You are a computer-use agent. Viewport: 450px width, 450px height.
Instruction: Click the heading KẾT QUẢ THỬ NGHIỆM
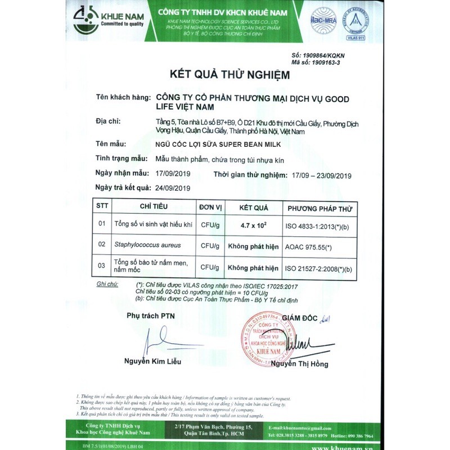click(230, 74)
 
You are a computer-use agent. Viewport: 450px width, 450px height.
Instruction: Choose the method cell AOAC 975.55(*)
click(308, 246)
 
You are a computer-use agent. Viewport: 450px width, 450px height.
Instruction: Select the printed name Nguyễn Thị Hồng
click(299, 364)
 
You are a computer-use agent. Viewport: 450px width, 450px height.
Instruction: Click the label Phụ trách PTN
click(151, 316)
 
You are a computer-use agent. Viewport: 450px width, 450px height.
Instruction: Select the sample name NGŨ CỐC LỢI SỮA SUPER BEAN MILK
click(223, 145)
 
